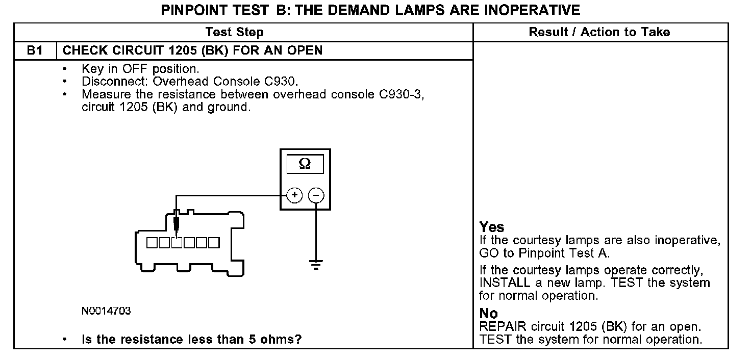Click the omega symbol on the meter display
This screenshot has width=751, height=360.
coord(305,164)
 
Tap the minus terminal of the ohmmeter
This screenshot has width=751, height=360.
coord(316,195)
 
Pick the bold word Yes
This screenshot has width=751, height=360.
coord(492,227)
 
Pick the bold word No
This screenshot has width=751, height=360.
coord(489,314)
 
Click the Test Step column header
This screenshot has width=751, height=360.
coord(234,33)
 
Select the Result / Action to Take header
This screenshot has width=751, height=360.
coord(599,33)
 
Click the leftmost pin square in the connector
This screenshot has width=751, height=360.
coord(153,242)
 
